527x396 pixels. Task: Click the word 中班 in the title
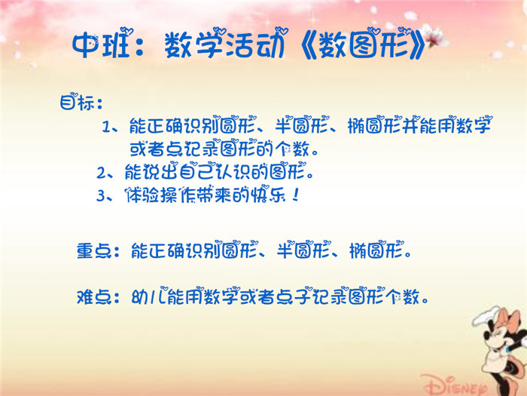pos(101,45)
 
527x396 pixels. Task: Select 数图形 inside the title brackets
pos(367,44)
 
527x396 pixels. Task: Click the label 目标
pos(78,102)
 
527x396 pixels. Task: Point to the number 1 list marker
pos(107,127)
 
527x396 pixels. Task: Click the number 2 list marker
pos(101,173)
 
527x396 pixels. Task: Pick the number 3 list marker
pos(101,195)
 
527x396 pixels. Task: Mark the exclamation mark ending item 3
pos(295,195)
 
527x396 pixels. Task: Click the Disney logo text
pos(455,385)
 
